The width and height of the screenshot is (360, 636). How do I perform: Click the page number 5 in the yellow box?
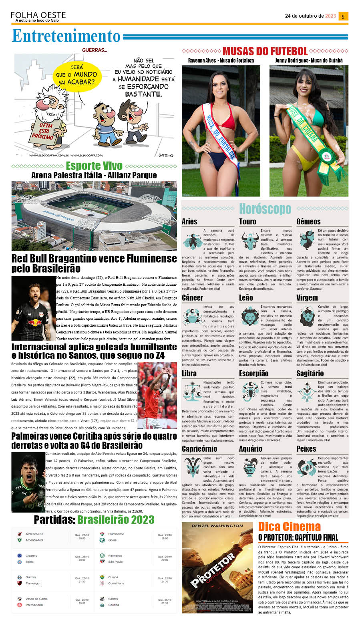click(x=343, y=16)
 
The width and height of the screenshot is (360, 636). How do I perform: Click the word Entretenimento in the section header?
click(x=66, y=36)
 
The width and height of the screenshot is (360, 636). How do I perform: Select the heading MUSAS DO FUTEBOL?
click(x=265, y=51)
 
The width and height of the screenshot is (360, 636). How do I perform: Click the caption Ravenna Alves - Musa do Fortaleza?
click(x=221, y=61)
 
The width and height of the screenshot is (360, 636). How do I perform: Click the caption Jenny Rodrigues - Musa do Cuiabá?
click(x=309, y=61)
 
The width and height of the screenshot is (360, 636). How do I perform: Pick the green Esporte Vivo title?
click(x=94, y=166)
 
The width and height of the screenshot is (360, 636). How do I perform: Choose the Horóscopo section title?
click(x=265, y=209)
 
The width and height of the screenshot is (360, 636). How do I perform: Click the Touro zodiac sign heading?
click(x=247, y=222)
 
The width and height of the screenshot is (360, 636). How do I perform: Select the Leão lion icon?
click(x=249, y=317)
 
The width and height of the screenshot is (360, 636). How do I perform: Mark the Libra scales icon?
click(x=192, y=392)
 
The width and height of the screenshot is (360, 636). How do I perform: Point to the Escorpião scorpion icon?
click(x=249, y=391)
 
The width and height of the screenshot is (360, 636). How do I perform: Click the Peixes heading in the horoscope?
click(x=306, y=449)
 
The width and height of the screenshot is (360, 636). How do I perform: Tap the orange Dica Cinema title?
click(x=289, y=527)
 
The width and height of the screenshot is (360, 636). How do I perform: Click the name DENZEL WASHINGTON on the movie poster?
click(x=217, y=526)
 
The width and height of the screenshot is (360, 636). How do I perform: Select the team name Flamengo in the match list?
click(x=32, y=584)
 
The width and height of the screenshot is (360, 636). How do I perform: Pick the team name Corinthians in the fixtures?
click(x=116, y=584)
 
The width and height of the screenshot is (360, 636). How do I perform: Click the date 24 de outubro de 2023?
click(x=310, y=16)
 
